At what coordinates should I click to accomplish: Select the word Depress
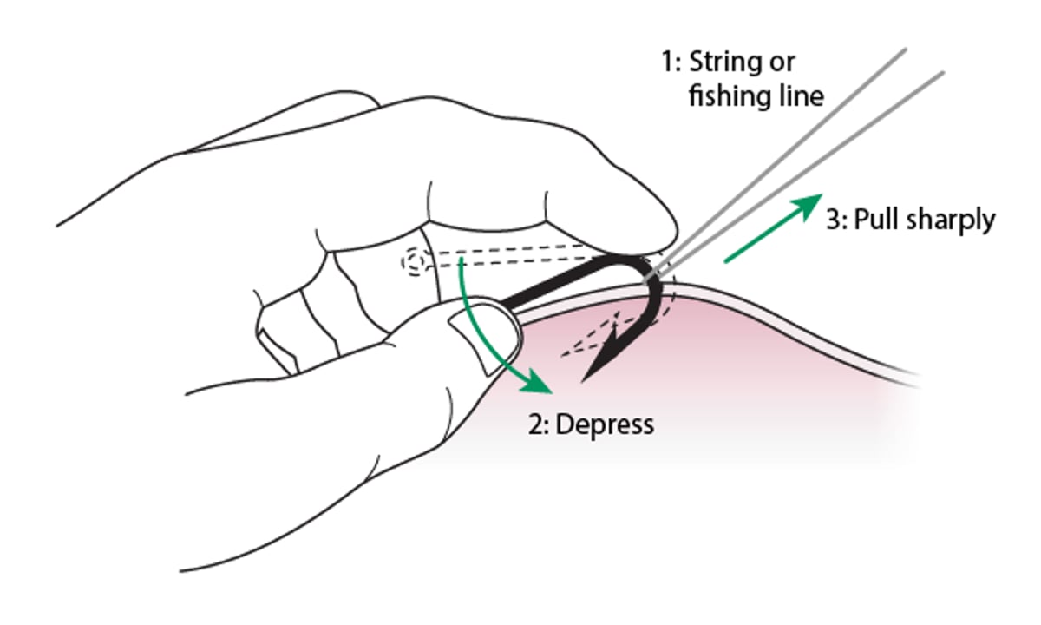605,425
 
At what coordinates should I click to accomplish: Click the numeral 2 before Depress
535,425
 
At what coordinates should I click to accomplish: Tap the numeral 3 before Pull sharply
833,220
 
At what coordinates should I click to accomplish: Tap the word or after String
780,63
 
